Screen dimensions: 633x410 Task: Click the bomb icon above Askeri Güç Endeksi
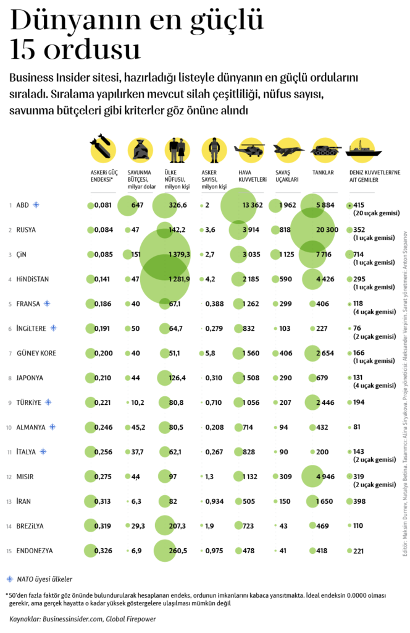(x=102, y=148)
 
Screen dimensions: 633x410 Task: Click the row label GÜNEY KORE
(x=35, y=353)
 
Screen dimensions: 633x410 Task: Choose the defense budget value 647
(x=137, y=205)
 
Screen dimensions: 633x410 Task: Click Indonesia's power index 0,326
(x=103, y=551)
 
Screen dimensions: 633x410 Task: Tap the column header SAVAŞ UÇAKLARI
(x=287, y=176)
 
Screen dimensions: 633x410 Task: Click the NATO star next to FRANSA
(x=64, y=304)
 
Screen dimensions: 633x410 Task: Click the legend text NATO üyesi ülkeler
(x=44, y=579)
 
